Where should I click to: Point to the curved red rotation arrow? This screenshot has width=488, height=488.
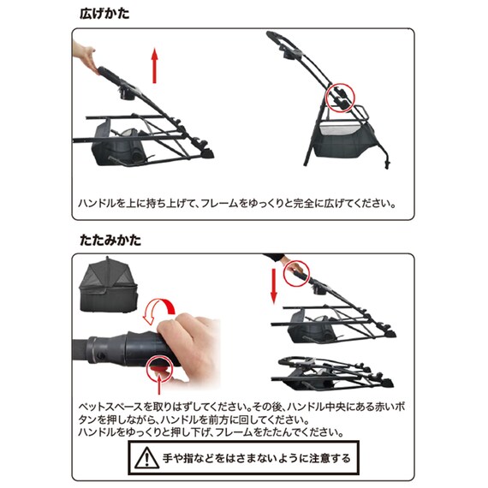point(162,312)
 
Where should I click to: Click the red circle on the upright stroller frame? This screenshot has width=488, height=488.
point(340,97)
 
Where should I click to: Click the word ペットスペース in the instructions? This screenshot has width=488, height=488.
point(104,407)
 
